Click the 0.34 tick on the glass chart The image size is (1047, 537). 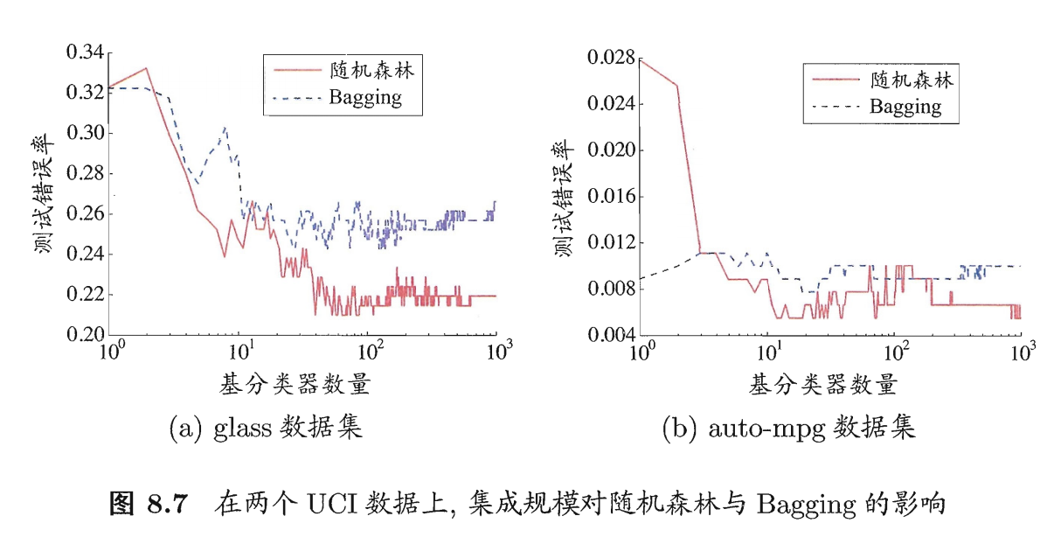85,53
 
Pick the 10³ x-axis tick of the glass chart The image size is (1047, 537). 496,352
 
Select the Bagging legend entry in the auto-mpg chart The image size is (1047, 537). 905,108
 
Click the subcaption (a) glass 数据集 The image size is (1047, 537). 264,428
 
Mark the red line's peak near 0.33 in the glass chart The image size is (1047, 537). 146,68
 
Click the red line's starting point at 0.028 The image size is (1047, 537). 641,59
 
